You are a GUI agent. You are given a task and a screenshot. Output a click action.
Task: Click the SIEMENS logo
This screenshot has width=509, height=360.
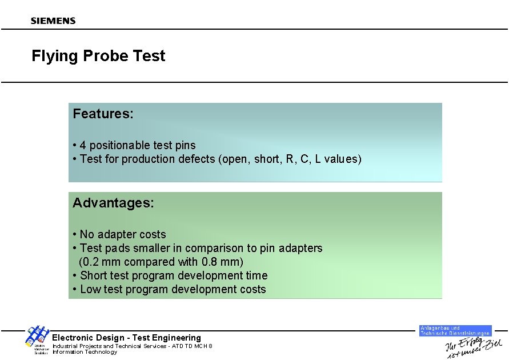coord(53,21)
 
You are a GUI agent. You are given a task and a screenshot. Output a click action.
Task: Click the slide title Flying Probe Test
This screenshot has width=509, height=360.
coord(98,56)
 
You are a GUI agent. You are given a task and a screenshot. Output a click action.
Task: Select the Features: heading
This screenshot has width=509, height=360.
coord(103,114)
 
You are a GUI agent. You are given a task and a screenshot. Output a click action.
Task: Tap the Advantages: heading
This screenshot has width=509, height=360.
coord(113,203)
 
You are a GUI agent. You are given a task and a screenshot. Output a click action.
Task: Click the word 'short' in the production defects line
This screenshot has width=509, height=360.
coord(266,159)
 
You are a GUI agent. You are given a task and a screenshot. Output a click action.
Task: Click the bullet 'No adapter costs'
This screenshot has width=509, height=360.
coord(122,234)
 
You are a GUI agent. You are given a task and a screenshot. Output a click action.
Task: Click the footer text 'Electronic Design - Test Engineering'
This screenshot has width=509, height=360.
coord(126,338)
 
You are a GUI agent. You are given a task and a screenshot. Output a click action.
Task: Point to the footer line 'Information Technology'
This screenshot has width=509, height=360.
coord(85,352)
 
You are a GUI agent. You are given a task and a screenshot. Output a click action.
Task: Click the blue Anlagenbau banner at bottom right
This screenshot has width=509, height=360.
coord(455,330)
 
